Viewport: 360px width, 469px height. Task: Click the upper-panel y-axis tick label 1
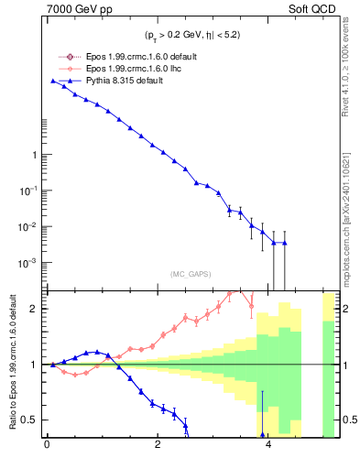[34, 155]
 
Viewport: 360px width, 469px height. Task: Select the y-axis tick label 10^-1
[29, 190]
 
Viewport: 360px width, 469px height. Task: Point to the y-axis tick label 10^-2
[29, 226]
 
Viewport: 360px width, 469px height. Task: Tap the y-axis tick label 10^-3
[29, 262]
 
